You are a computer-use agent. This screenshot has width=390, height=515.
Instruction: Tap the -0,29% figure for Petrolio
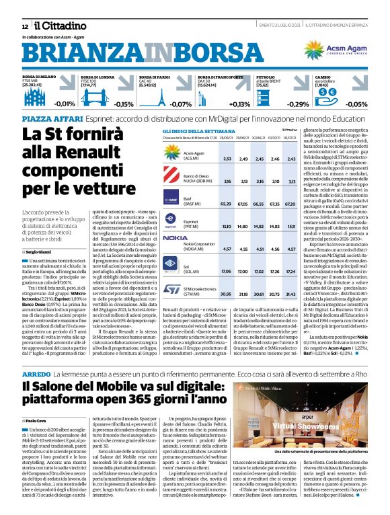tap(298, 104)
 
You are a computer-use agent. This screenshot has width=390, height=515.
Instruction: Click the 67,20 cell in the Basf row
tap(291, 202)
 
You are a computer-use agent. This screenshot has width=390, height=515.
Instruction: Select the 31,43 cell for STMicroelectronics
tap(291, 276)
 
